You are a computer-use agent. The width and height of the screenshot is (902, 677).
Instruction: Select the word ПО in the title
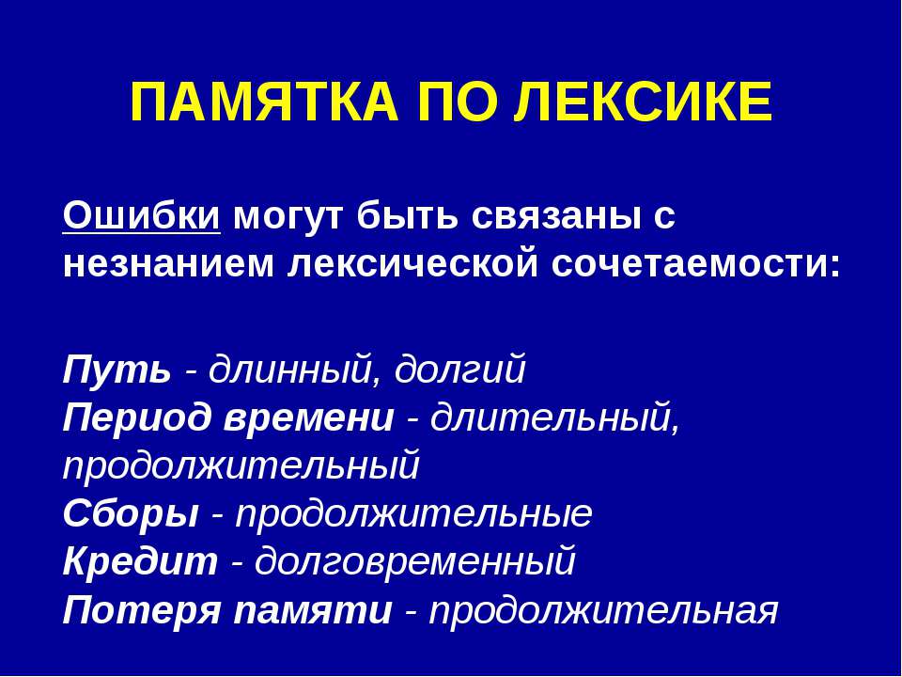pos(440,102)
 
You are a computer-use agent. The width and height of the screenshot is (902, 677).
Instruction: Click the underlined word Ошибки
pos(142,217)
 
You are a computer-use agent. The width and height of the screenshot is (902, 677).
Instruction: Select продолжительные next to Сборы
pos(413,514)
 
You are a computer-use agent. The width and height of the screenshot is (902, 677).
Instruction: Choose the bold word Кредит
pos(140,562)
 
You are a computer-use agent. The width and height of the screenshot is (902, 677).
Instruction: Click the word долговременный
pos(414,562)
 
